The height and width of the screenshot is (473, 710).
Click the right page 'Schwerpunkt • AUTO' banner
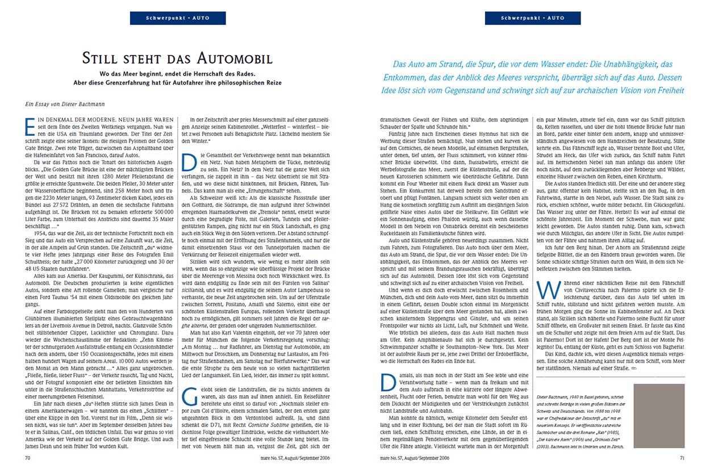click(533, 18)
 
